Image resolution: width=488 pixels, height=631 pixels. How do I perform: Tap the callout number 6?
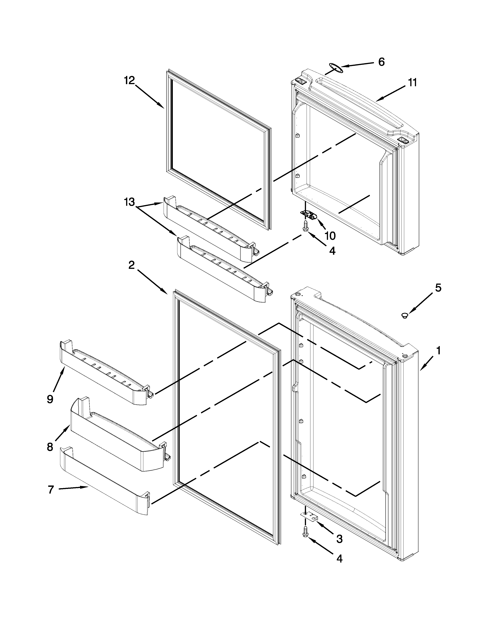click(381, 62)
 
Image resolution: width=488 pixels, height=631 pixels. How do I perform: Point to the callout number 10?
click(330, 236)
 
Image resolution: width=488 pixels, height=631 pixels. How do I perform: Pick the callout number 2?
click(131, 265)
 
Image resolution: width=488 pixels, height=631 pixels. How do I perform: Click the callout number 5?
click(438, 288)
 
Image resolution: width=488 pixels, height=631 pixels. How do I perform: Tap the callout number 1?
click(438, 351)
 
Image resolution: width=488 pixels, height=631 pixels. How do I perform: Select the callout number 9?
click(50, 399)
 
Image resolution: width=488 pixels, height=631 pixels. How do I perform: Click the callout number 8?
click(50, 447)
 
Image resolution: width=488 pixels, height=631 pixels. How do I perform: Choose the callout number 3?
click(339, 538)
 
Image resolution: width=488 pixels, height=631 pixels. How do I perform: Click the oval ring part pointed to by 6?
click(336, 68)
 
